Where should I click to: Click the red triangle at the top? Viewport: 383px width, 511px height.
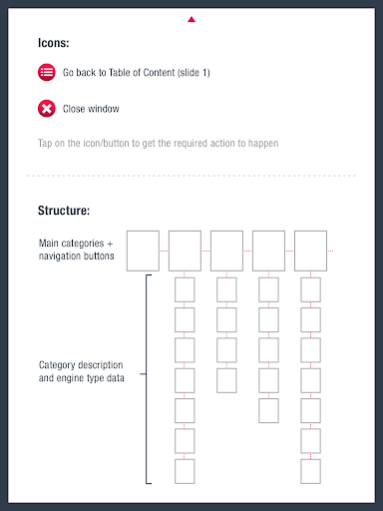click(x=191, y=20)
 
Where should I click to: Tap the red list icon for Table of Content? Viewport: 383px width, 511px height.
click(x=47, y=72)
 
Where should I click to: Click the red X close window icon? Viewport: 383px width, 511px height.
click(x=47, y=109)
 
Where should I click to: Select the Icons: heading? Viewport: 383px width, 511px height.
click(x=53, y=43)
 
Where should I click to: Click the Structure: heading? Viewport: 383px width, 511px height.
click(x=64, y=211)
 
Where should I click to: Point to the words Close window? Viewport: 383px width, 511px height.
click(x=91, y=109)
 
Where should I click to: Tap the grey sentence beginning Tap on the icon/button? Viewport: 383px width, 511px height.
click(x=158, y=144)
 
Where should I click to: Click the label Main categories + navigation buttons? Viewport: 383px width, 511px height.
click(x=76, y=250)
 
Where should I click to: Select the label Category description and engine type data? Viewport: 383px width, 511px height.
click(x=82, y=371)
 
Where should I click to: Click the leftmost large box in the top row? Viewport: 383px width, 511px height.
click(x=143, y=251)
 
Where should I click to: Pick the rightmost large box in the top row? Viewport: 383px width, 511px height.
click(x=310, y=251)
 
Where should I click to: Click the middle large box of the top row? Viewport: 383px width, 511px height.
click(x=226, y=251)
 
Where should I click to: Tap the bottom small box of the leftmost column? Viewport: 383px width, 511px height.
click(x=185, y=471)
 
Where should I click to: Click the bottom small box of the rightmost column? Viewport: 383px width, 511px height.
click(x=310, y=471)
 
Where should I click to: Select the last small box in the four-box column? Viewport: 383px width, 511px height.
click(x=226, y=380)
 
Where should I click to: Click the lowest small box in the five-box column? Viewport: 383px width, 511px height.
click(x=268, y=411)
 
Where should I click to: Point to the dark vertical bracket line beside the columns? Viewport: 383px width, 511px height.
click(x=147, y=379)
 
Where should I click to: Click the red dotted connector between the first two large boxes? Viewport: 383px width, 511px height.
click(x=164, y=251)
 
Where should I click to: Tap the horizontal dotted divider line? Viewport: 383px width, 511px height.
click(x=191, y=176)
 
